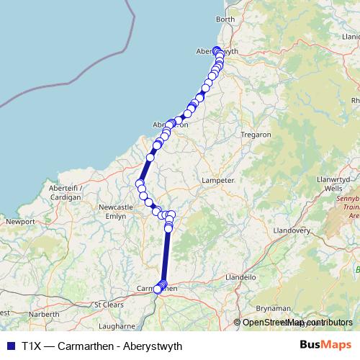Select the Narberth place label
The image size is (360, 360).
pyautogui.click(x=45, y=315)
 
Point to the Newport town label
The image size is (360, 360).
pyautogui.click(x=20, y=222)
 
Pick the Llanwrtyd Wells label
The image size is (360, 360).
pyautogui.click(x=338, y=184)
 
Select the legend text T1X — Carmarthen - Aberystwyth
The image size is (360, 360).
pyautogui.click(x=102, y=346)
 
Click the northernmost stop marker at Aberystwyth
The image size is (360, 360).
pyautogui.click(x=217, y=50)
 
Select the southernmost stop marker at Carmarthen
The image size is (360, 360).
pyautogui.click(x=158, y=289)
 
